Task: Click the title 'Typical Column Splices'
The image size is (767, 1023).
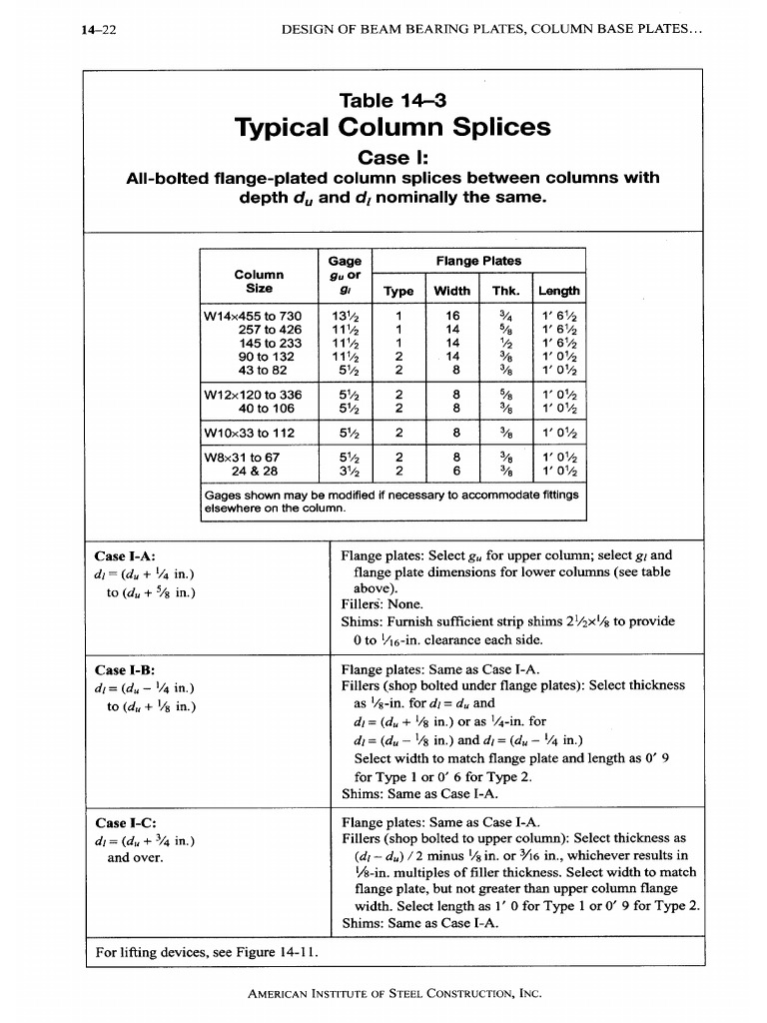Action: [x=391, y=127]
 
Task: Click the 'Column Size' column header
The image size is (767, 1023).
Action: [x=259, y=281]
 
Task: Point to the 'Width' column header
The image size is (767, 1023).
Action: [x=451, y=291]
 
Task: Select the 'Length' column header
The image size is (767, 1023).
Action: [x=558, y=291]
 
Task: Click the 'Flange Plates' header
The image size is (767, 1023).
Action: [x=478, y=261]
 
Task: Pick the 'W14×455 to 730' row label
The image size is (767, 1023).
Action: [x=253, y=316]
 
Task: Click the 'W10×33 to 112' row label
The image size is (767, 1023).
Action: [x=253, y=434]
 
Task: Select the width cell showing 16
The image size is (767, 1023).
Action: [x=451, y=316]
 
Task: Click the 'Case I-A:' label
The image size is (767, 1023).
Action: [x=125, y=556]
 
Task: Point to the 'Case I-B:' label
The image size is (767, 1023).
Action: [x=125, y=669]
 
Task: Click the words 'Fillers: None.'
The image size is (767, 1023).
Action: [x=383, y=604]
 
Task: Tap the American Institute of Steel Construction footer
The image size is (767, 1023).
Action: [x=392, y=993]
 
